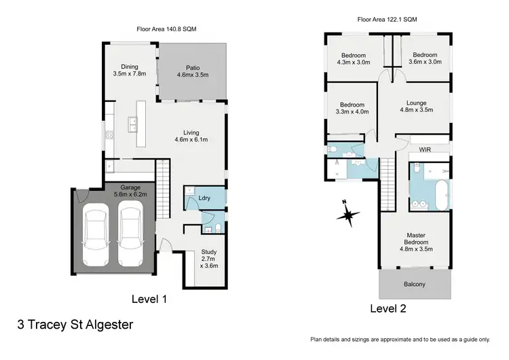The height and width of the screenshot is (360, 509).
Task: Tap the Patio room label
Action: tap(193, 67)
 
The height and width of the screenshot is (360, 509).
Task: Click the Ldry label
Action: tap(203, 198)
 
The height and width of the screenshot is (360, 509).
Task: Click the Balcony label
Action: tap(414, 284)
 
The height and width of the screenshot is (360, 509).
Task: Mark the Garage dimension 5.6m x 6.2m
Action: tap(130, 194)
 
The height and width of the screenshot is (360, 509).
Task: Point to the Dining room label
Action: tap(130, 67)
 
